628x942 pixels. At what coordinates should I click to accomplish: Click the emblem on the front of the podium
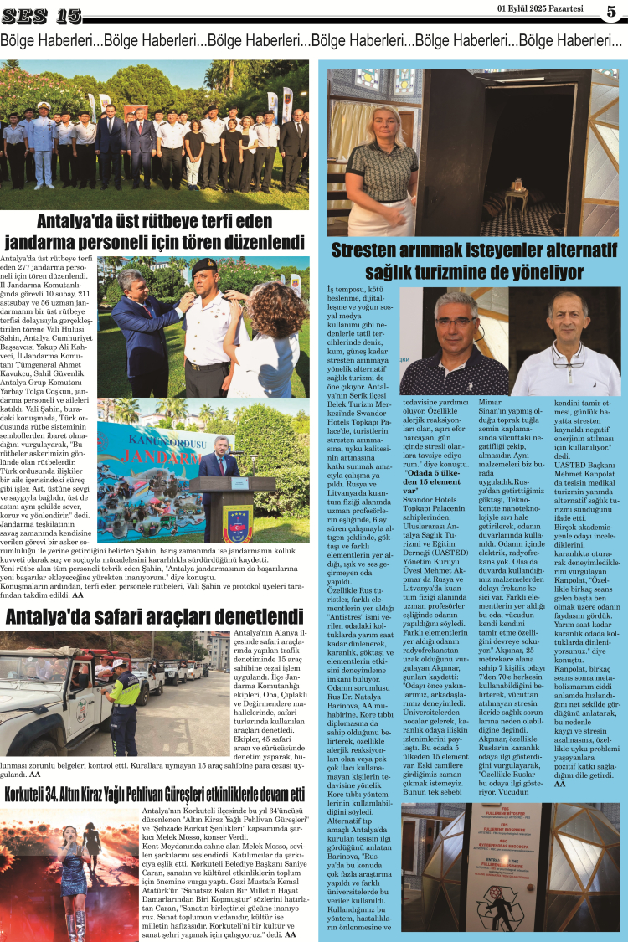coord(234,524)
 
